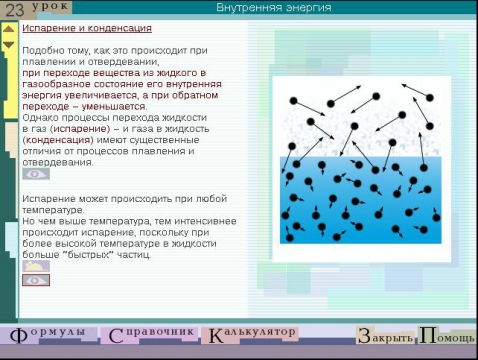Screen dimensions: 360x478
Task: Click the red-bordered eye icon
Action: (36, 280)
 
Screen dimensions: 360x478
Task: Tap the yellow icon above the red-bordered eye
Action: (35, 266)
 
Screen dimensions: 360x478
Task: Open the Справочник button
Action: (150, 334)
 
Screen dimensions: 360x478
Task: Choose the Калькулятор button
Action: (250, 334)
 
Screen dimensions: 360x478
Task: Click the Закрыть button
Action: (384, 336)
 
